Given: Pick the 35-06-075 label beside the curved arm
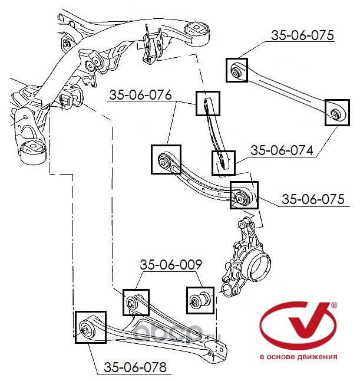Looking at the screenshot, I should [x=312, y=199].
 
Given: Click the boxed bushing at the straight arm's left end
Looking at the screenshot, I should [x=238, y=71].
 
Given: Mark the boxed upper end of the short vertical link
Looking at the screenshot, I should [x=207, y=103].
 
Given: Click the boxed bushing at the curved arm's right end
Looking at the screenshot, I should [x=243, y=195].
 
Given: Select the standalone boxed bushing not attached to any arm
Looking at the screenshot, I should [x=200, y=300].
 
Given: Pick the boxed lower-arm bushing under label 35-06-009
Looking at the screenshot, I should [x=136, y=302].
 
